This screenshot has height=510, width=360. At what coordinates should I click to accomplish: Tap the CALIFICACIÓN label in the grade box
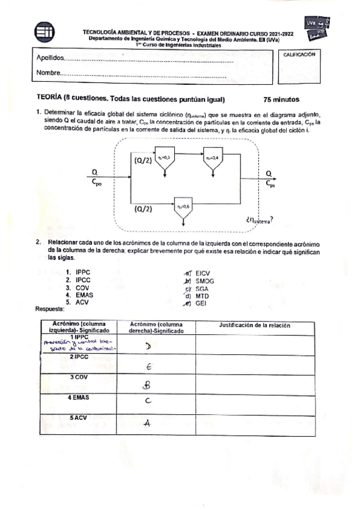coord(299,54)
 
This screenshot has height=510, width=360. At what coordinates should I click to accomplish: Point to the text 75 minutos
coord(281,100)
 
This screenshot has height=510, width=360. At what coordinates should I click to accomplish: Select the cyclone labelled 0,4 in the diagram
coord(213,159)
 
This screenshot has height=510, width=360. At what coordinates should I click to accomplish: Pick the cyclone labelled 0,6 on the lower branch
coord(183,207)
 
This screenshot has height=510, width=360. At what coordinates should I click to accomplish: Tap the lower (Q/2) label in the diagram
coord(143,209)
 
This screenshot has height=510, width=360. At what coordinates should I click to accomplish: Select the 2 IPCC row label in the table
coord(79,357)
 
